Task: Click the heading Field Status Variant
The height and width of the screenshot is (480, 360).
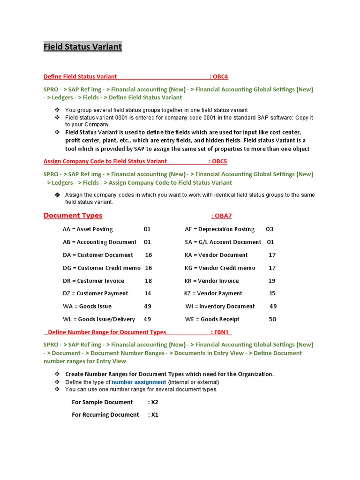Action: tap(82, 47)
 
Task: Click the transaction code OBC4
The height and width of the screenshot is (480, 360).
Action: tap(220, 76)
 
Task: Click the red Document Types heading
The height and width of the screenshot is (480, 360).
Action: tap(73, 216)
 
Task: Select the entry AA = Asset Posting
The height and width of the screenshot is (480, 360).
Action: tap(88, 229)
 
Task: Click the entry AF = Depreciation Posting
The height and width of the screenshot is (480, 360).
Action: tap(219, 229)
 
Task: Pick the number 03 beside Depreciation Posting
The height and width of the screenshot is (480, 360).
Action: tap(270, 229)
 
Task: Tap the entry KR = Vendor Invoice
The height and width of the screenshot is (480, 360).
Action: tap(211, 281)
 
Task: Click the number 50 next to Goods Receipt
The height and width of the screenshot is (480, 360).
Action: tap(273, 319)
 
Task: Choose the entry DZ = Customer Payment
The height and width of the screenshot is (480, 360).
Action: tap(95, 293)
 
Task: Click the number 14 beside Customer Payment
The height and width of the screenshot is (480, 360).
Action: tap(148, 293)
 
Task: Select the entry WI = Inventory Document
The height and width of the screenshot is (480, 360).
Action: tap(220, 306)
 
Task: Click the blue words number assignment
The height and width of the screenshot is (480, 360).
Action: tap(139, 382)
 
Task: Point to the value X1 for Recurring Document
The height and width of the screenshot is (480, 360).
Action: tap(154, 415)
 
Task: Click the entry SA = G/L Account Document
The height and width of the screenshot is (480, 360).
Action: tap(223, 242)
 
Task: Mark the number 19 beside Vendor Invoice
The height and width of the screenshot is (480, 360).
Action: tap(272, 281)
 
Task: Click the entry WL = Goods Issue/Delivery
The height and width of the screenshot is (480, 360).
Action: tap(98, 319)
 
